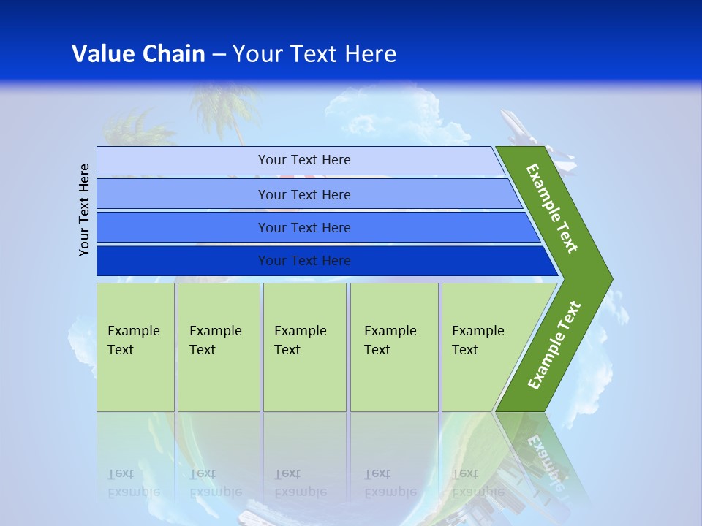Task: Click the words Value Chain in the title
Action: pyautogui.click(x=138, y=53)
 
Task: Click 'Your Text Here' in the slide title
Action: pyautogui.click(x=314, y=53)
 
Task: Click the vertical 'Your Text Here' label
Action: pyautogui.click(x=85, y=210)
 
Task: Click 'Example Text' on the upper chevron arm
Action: pyautogui.click(x=552, y=208)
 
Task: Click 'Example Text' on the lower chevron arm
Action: pyautogui.click(x=554, y=346)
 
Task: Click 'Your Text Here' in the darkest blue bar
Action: pyautogui.click(x=304, y=261)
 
